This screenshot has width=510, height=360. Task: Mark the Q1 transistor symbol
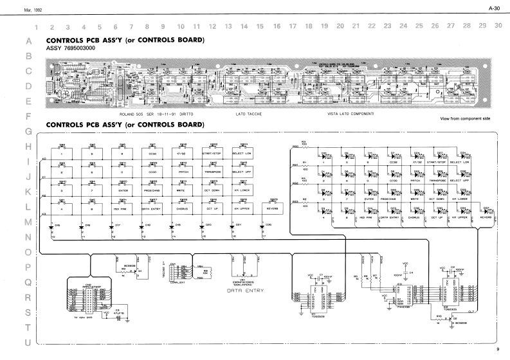(x=136, y=271)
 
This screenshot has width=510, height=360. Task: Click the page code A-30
(x=494, y=8)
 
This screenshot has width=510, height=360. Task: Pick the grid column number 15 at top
(x=260, y=26)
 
